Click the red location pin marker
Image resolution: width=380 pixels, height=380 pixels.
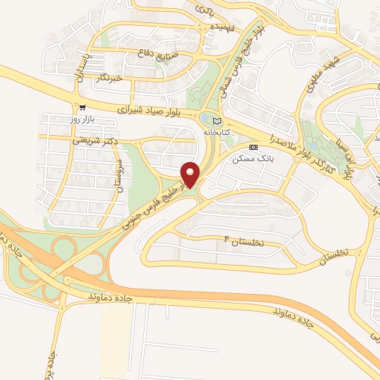pos(191,174)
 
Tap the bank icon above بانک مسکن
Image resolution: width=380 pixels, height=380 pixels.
pos(253,147)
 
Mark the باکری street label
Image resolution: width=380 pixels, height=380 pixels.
pos(202,10)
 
